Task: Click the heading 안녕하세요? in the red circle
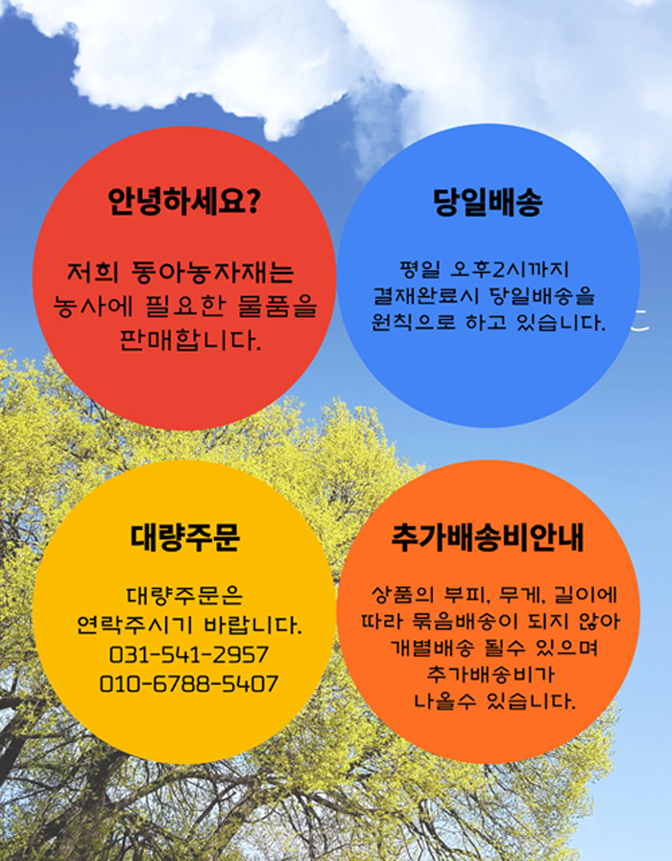(183, 202)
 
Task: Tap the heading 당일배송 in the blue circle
(488, 202)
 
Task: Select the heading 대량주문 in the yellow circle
(185, 537)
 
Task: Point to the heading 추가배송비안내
(488, 537)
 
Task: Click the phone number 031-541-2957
(189, 654)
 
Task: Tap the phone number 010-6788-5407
(189, 684)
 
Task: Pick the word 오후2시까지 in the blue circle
(509, 269)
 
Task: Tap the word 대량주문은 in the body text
(185, 595)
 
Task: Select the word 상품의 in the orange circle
(402, 595)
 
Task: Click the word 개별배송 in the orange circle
(432, 648)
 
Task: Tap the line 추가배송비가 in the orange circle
(491, 674)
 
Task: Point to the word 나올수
(444, 701)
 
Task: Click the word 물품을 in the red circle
(277, 307)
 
